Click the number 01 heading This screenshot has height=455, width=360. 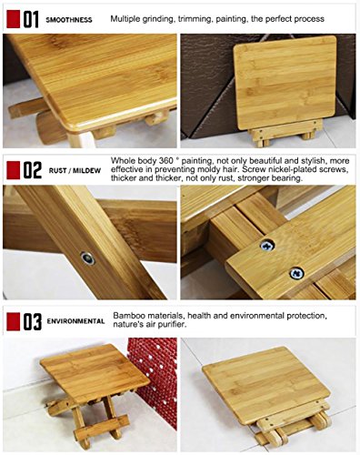[x=31, y=19]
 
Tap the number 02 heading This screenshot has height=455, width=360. [x=32, y=170]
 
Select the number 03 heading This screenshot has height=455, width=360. [x=32, y=321]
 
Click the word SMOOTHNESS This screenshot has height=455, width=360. [x=69, y=20]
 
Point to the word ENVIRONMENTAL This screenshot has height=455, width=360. [x=75, y=321]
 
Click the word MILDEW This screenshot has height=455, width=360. [x=86, y=171]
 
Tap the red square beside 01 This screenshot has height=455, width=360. [x=14, y=19]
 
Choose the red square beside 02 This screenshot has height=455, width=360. [x=14, y=170]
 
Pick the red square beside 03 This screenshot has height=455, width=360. [x=14, y=321]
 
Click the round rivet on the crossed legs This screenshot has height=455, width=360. [x=88, y=258]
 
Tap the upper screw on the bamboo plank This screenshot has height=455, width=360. [x=267, y=245]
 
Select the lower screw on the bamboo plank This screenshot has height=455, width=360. [x=296, y=273]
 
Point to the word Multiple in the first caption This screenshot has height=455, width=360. [x=125, y=19]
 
